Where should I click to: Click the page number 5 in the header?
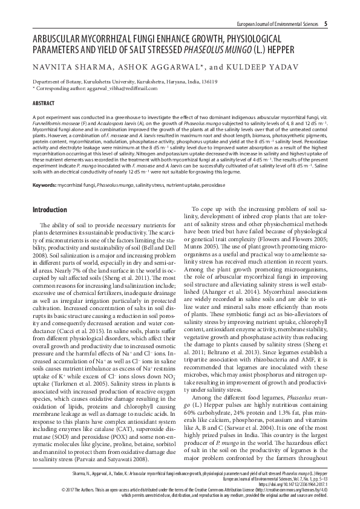click(326, 24)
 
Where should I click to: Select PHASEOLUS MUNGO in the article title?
click(238, 50)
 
